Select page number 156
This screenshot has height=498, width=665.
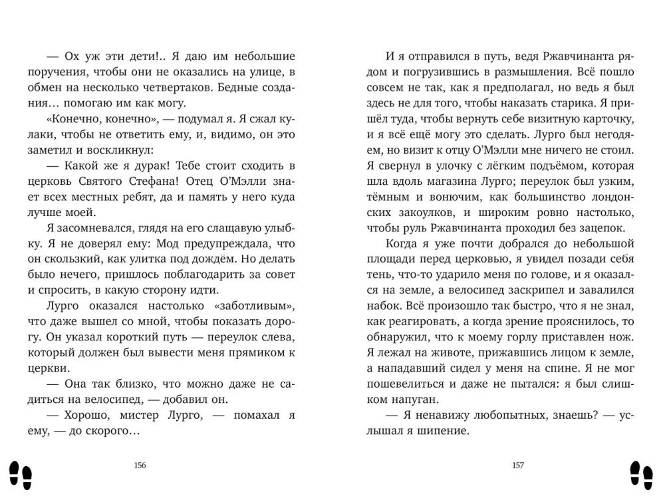[x=140, y=465]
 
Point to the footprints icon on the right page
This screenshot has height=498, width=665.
[x=642, y=473]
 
